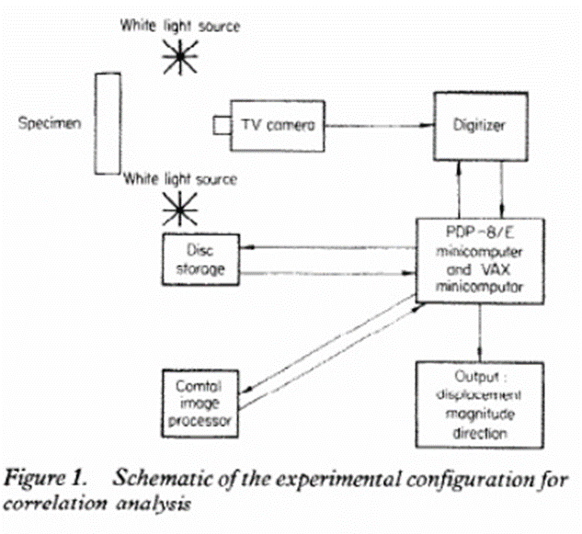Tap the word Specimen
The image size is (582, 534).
[50, 123]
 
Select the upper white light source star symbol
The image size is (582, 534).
[180, 57]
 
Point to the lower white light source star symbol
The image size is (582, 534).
[180, 209]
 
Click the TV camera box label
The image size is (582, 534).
[278, 125]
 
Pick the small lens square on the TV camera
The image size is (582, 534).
[222, 125]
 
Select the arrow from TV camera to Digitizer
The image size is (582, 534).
[380, 125]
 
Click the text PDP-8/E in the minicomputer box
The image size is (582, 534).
[480, 233]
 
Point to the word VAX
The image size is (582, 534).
[496, 269]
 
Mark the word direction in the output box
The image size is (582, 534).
[480, 433]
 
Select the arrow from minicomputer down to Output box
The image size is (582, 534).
[480, 333]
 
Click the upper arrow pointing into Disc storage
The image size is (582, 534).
[327, 247]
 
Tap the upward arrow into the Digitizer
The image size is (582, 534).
[459, 190]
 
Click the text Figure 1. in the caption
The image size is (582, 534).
[45, 478]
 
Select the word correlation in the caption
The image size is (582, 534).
[55, 504]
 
